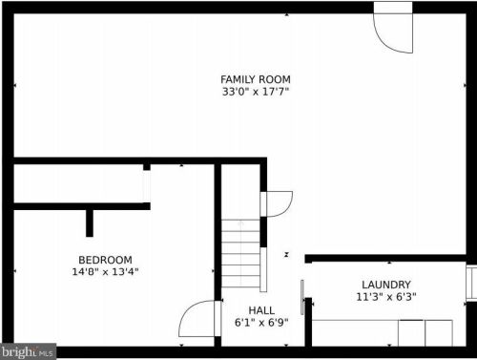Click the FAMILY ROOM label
256,79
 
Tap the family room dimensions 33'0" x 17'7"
256,92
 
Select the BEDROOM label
105,260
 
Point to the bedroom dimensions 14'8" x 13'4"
105,272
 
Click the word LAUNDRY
386,285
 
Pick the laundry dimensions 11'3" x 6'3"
386,297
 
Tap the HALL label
261,310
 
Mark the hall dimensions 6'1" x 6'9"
261,323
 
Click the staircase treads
240,254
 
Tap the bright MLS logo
28,351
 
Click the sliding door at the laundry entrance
302,297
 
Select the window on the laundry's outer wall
471,283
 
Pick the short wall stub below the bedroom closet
90,223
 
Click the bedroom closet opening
146,186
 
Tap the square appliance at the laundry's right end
439,333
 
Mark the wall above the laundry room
385,258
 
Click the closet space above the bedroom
78,183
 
